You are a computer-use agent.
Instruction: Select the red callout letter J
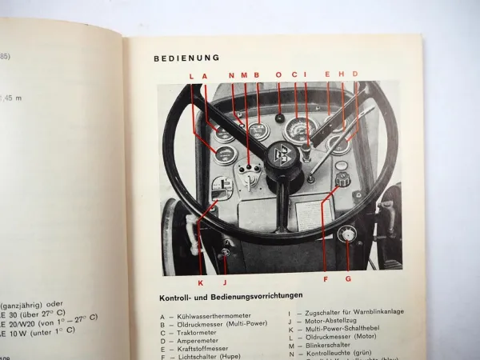226,281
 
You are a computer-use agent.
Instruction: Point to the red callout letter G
349,279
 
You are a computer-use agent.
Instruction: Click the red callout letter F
325,279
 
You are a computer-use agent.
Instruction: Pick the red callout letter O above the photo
278,75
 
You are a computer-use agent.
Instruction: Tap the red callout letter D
354,74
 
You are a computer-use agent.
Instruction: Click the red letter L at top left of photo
192,75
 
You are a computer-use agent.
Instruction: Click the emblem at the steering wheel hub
281,153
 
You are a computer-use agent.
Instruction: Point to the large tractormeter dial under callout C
299,130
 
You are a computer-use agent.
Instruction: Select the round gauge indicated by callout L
225,154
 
